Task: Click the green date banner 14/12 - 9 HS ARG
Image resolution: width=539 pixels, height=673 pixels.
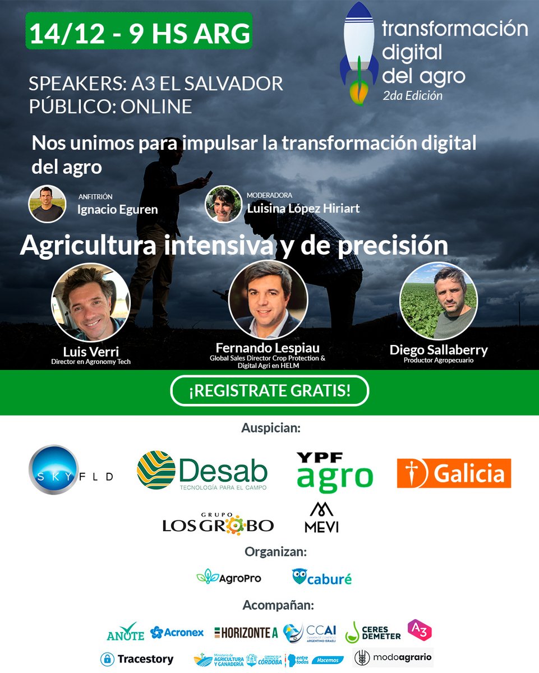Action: [139, 34]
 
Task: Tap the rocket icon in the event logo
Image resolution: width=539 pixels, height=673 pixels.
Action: [360, 53]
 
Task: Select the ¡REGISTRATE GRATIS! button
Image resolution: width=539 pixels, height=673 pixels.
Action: [270, 391]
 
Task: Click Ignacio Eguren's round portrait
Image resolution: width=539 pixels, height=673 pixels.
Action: [47, 204]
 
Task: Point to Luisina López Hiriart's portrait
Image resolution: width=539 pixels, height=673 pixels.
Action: [224, 204]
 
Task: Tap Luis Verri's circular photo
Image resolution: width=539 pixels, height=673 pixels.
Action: [90, 303]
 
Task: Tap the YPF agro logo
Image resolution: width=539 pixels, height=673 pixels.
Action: [334, 471]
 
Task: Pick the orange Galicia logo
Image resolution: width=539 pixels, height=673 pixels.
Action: [454, 473]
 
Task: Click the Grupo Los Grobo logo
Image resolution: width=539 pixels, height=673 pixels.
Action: [218, 522]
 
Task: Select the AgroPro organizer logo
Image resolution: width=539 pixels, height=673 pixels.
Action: [229, 577]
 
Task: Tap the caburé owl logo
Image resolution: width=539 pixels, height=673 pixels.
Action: [322, 577]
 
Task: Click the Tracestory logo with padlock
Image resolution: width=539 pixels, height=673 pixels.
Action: [137, 659]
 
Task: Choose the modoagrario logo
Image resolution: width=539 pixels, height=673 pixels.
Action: [393, 658]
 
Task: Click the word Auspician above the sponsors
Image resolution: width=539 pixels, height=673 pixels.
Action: [271, 428]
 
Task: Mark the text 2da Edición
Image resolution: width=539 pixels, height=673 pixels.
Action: [413, 95]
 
